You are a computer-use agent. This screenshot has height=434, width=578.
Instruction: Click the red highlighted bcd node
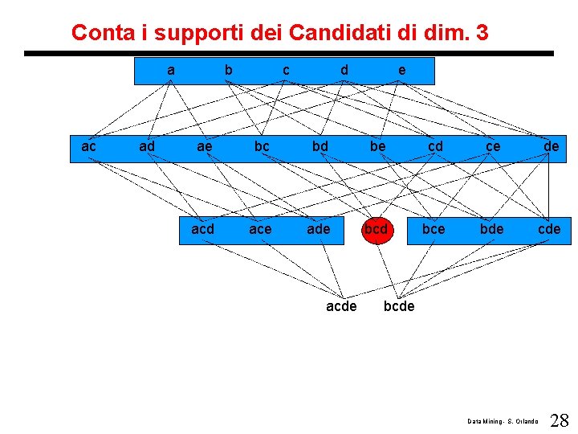point(376,230)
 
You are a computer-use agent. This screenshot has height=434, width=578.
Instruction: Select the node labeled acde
point(341,305)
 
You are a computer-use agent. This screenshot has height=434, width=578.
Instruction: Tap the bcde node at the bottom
point(399,305)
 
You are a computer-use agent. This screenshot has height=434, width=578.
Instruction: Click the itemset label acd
point(203,230)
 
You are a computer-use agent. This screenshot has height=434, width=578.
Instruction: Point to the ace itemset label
point(260,230)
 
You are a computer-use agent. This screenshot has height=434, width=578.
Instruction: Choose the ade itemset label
point(319,230)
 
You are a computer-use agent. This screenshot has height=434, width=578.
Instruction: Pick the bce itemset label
point(433,230)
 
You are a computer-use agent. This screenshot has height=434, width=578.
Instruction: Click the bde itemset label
point(491,230)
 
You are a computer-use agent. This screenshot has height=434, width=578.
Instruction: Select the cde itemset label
point(549,230)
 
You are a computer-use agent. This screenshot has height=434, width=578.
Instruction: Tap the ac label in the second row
point(89,147)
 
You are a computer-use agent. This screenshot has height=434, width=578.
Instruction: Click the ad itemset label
point(147,147)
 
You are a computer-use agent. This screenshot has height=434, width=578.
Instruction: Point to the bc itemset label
point(262,147)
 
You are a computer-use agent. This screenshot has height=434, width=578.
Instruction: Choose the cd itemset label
point(435,147)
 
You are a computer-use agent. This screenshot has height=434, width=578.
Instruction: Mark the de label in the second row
point(551,147)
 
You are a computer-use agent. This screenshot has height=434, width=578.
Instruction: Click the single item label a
point(171,71)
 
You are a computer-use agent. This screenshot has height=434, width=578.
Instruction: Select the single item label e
point(402,71)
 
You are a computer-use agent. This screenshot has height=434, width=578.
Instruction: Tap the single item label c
point(287,71)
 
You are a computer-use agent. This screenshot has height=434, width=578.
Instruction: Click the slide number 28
point(560,420)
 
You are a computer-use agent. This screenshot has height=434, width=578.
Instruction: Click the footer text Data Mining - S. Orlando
point(503,421)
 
